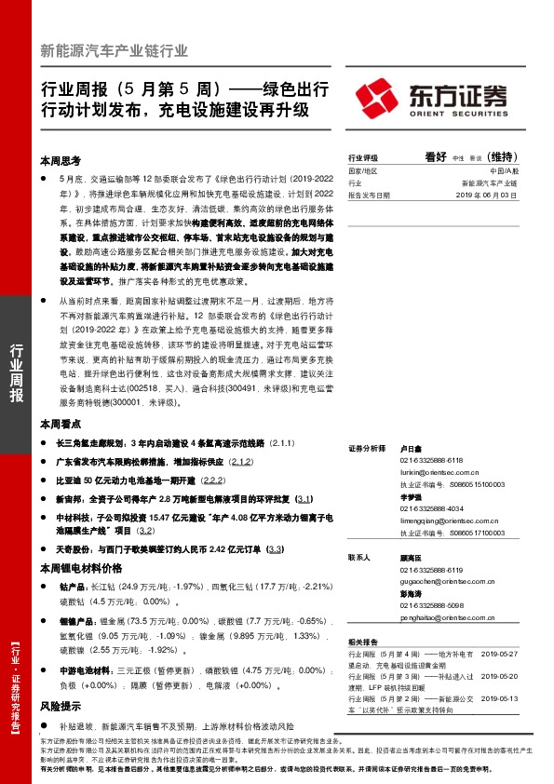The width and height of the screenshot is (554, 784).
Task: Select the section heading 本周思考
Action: tap(63, 159)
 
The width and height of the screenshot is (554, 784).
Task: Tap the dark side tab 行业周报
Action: tap(17, 372)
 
